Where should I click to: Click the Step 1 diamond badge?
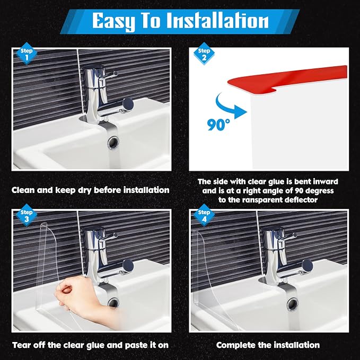(27, 54)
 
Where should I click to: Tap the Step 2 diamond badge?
(204, 54)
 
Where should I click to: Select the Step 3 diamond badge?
(27, 215)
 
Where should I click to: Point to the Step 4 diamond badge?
(204, 215)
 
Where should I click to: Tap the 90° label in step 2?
(218, 125)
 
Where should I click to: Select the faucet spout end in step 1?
(128, 104)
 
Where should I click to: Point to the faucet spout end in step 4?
(307, 266)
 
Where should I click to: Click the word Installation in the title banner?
(217, 21)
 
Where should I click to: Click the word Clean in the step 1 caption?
(23, 190)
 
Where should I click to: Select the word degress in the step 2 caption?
(320, 191)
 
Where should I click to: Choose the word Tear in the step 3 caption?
(21, 345)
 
